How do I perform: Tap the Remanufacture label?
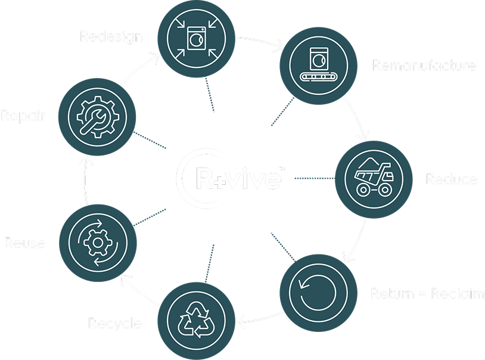(424, 65)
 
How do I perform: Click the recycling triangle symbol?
(196, 320)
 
